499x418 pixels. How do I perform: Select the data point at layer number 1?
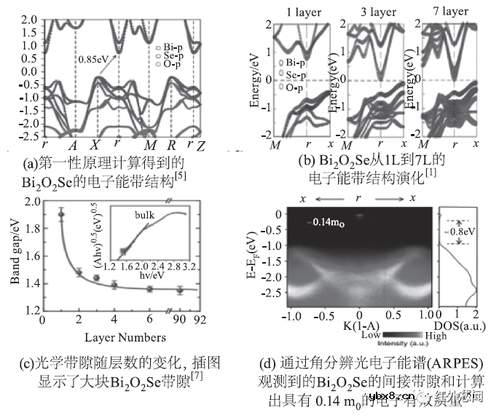61,214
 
